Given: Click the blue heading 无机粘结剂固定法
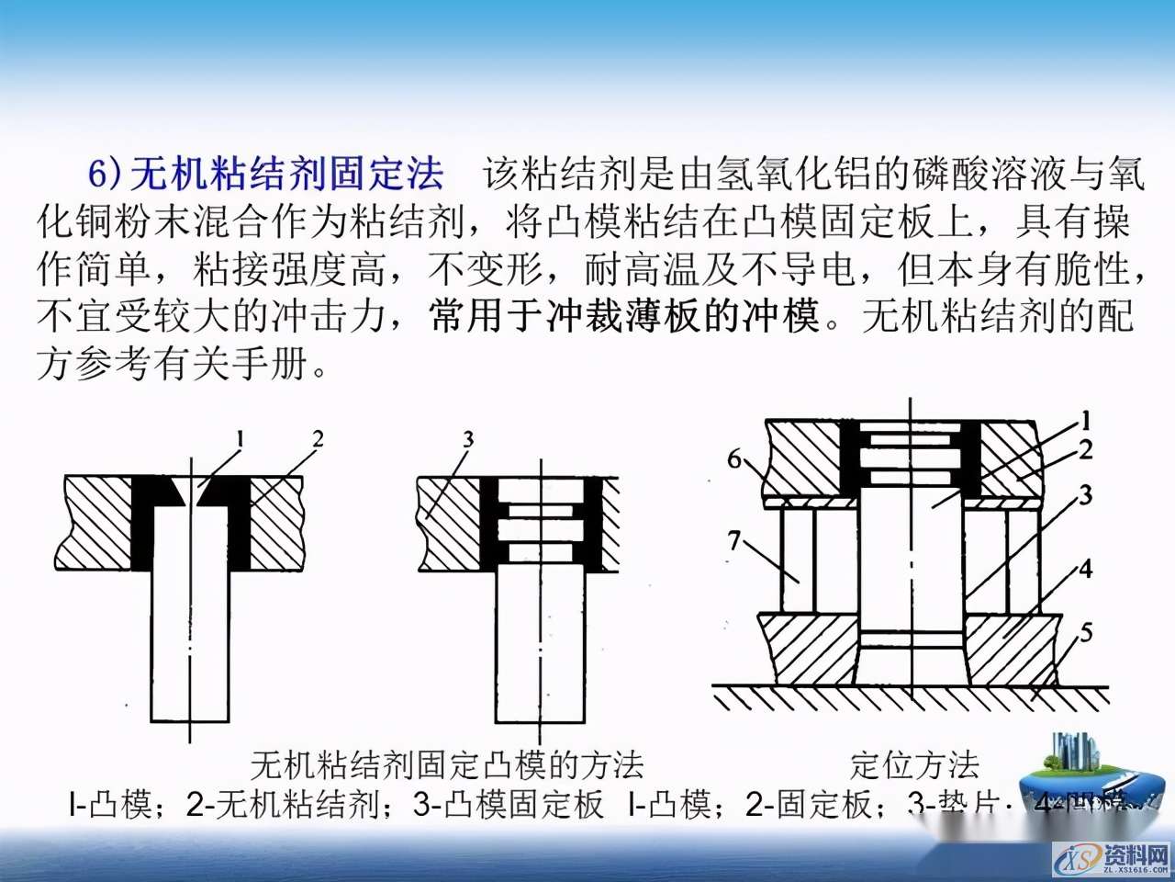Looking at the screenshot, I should tap(286, 173).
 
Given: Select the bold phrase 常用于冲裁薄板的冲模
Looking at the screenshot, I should tap(624, 316).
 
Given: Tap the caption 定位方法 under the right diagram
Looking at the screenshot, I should tap(914, 764).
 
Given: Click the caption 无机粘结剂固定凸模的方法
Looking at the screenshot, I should tap(447, 764).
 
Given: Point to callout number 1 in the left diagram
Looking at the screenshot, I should tap(240, 440).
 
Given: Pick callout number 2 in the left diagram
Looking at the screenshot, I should tap(318, 438).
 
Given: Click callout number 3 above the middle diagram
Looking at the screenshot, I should tap(468, 438).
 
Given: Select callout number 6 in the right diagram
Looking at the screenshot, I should tap(734, 458).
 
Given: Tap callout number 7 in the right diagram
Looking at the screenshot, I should tap(733, 541).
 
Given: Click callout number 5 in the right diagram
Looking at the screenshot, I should tap(1086, 632).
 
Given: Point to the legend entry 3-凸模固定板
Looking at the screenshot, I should tap(509, 805).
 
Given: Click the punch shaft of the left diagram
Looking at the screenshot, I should tap(190, 643).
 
